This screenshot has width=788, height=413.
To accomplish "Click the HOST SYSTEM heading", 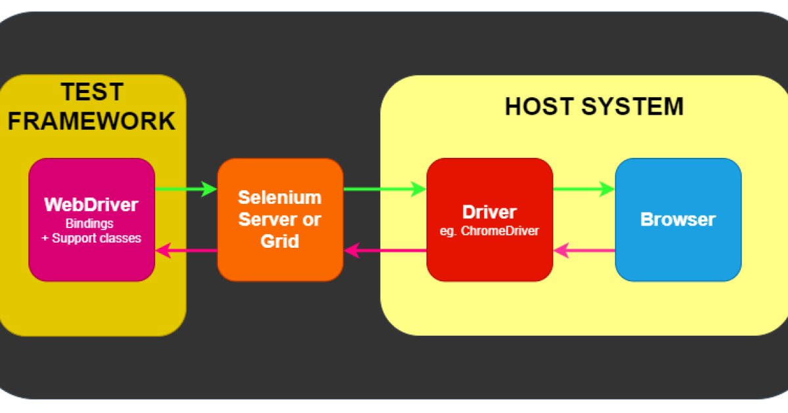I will click(594, 106).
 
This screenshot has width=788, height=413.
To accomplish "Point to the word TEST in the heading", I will click(92, 92).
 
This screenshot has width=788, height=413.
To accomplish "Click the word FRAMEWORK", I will click(92, 121).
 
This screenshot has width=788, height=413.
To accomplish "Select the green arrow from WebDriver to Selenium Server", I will click(186, 189).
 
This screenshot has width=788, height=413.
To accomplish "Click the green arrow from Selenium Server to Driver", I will click(385, 189).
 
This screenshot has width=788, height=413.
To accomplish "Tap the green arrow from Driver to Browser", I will click(584, 189).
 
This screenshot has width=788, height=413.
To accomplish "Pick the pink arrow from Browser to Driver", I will click(584, 250).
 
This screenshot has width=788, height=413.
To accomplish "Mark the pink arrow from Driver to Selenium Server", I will click(385, 250).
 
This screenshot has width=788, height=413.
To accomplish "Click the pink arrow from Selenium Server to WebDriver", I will click(186, 250).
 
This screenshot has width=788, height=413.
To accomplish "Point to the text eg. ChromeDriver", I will click(489, 231).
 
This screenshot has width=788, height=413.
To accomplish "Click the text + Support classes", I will click(91, 238).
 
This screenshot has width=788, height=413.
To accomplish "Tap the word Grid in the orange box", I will click(280, 241).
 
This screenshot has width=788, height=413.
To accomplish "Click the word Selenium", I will click(280, 197).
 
